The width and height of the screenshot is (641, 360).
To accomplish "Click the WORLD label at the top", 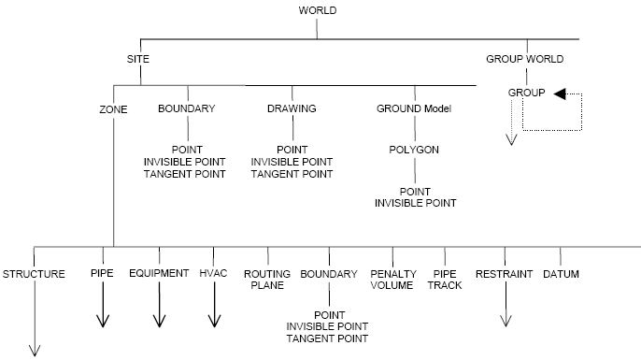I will (x=317, y=10).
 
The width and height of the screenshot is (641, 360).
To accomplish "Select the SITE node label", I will (x=138, y=59).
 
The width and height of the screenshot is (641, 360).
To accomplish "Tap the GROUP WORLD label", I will (x=524, y=59).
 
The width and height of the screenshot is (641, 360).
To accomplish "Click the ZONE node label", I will (x=113, y=108).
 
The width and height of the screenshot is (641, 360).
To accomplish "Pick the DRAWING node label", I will (x=291, y=108).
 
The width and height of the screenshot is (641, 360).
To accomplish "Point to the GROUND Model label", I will (x=414, y=108).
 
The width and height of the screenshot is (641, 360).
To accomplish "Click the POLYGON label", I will (x=414, y=150).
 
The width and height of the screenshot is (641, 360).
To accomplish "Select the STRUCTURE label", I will (x=34, y=274).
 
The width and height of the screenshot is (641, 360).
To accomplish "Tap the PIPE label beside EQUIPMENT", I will (x=102, y=274).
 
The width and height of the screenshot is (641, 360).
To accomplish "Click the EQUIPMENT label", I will (x=159, y=274).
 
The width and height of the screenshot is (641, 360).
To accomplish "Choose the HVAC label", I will (x=214, y=274).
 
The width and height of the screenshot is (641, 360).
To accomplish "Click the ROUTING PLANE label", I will (x=267, y=280).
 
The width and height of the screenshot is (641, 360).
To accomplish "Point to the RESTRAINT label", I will (x=504, y=274).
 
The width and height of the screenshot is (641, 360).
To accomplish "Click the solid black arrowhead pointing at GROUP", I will (x=560, y=93).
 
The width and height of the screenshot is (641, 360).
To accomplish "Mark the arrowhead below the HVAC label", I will (x=214, y=320).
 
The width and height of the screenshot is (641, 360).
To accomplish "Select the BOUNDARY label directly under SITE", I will (x=187, y=108).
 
